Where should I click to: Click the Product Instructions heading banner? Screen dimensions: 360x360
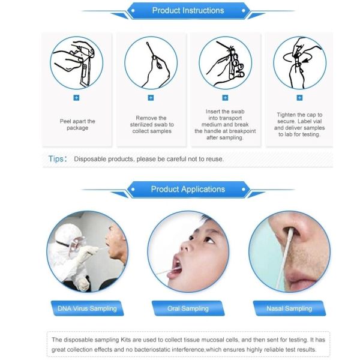[188, 10]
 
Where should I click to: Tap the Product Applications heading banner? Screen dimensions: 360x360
[188, 190]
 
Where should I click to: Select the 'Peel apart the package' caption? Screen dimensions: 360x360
[77, 124]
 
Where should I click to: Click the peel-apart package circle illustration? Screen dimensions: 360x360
[77, 62]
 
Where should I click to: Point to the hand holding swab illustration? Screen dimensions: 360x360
[151, 62]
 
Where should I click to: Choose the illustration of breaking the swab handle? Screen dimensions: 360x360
[225, 62]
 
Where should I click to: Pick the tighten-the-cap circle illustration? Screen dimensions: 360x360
[299, 62]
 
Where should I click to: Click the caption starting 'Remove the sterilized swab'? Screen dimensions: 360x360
[151, 125]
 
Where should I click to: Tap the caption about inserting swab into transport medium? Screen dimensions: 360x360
[225, 124]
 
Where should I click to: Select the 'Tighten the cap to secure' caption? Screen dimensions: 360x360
[299, 124]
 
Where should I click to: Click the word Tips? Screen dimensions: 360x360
[57, 159]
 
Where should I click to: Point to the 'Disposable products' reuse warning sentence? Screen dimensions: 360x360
[149, 159]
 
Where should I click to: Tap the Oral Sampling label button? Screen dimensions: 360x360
[188, 308]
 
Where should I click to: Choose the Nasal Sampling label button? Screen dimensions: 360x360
[289, 308]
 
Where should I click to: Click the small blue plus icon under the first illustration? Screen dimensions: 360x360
[77, 97]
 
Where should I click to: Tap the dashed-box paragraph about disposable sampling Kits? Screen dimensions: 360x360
[188, 344]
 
